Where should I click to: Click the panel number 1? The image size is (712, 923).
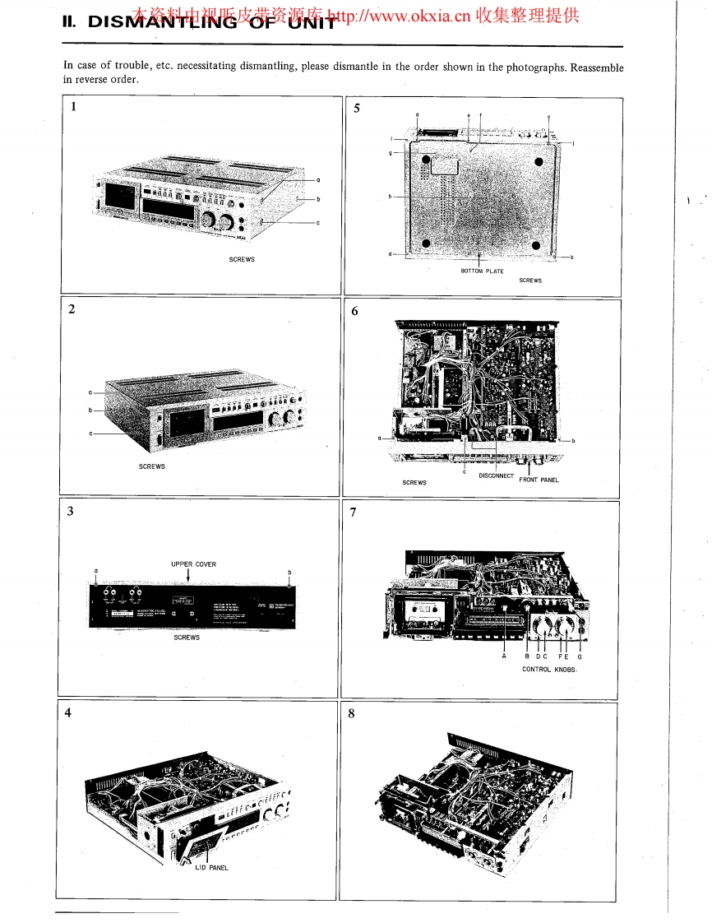click(x=75, y=106)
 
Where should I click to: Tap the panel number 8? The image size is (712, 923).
click(x=352, y=713)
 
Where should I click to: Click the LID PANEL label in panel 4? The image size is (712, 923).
click(x=212, y=868)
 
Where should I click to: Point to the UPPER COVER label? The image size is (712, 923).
click(x=193, y=564)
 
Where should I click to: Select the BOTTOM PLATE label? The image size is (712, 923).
click(x=483, y=271)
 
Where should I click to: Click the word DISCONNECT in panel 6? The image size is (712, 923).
click(x=496, y=475)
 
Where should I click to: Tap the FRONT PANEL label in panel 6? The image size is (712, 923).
click(x=539, y=480)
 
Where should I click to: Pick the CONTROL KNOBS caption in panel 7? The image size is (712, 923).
click(x=550, y=669)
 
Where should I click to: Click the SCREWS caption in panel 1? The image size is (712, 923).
click(x=242, y=259)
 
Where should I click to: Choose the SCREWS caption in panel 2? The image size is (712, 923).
click(x=152, y=466)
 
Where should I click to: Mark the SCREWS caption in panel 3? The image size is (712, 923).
click(x=187, y=638)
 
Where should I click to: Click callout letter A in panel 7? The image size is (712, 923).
click(x=504, y=656)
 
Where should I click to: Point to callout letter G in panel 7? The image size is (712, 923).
click(x=579, y=656)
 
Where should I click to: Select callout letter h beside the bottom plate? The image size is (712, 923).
click(x=391, y=197)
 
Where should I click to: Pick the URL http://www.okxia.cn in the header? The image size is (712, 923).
click(x=400, y=16)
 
